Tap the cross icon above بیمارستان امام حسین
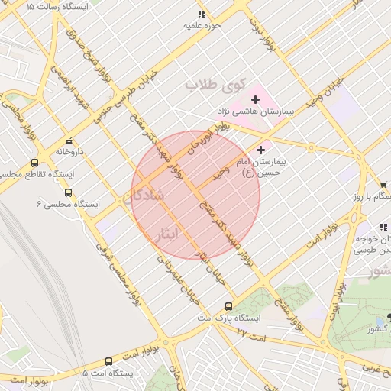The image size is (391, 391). click(x=261, y=150)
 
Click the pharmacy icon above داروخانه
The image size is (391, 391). click(x=69, y=141)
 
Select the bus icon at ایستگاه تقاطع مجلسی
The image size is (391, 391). click(x=34, y=163)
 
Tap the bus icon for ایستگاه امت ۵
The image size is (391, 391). click(x=108, y=361)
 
